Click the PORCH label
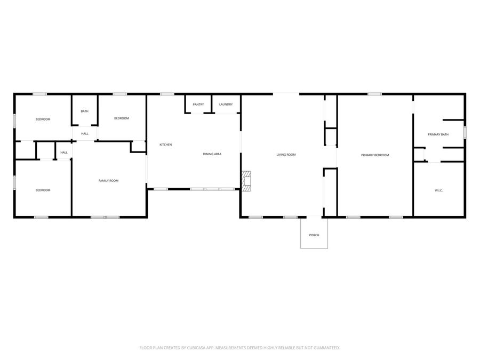click(314, 235)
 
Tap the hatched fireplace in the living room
click(246, 181)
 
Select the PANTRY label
click(198, 105)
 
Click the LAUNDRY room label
click(226, 105)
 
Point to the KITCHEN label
click(166, 145)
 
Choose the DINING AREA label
click(212, 154)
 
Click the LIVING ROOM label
click(286, 155)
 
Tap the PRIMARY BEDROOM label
click(375, 155)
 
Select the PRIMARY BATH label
click(438, 134)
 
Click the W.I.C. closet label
click(439, 190)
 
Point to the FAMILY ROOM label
click(108, 181)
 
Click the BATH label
click(84, 111)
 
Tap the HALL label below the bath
click(85, 133)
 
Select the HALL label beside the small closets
click(64, 153)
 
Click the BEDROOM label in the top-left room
click(43, 119)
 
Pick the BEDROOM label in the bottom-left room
click(43, 190)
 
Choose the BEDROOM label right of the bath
click(122, 118)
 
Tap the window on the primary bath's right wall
click(465, 133)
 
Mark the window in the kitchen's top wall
click(167, 94)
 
